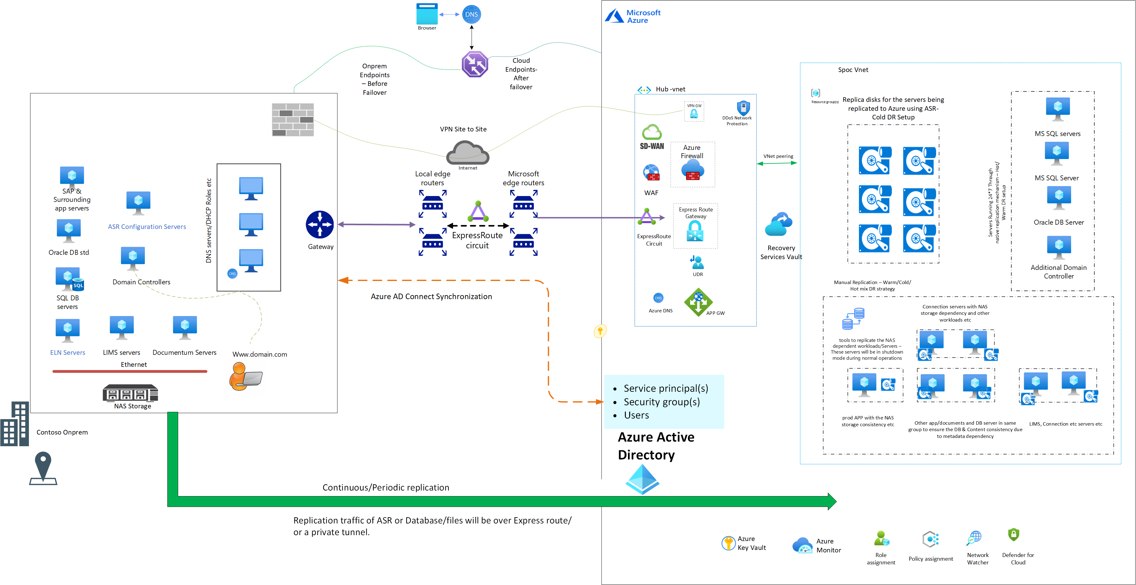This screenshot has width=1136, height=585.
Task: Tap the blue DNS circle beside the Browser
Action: pos(471,14)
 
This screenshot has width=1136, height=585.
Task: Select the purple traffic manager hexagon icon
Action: pos(475,64)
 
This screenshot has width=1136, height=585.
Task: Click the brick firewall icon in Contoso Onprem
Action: pos(293,120)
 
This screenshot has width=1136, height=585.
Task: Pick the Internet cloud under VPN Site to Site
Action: pos(467,153)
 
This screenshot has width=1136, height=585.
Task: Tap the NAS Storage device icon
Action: pos(130,393)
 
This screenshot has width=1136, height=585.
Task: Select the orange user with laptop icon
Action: pos(245,376)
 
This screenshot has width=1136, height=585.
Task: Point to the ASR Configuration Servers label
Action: pos(147,227)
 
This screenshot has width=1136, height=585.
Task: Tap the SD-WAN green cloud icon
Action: pos(652,132)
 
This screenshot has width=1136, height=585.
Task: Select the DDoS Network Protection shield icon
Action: pos(743,108)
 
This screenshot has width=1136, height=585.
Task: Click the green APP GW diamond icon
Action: pos(698,302)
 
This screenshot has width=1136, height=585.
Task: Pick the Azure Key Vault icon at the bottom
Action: pos(729,543)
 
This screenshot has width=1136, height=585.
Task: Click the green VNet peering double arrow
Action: pos(777,163)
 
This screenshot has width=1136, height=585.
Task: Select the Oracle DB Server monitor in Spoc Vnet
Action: pos(1059,198)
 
